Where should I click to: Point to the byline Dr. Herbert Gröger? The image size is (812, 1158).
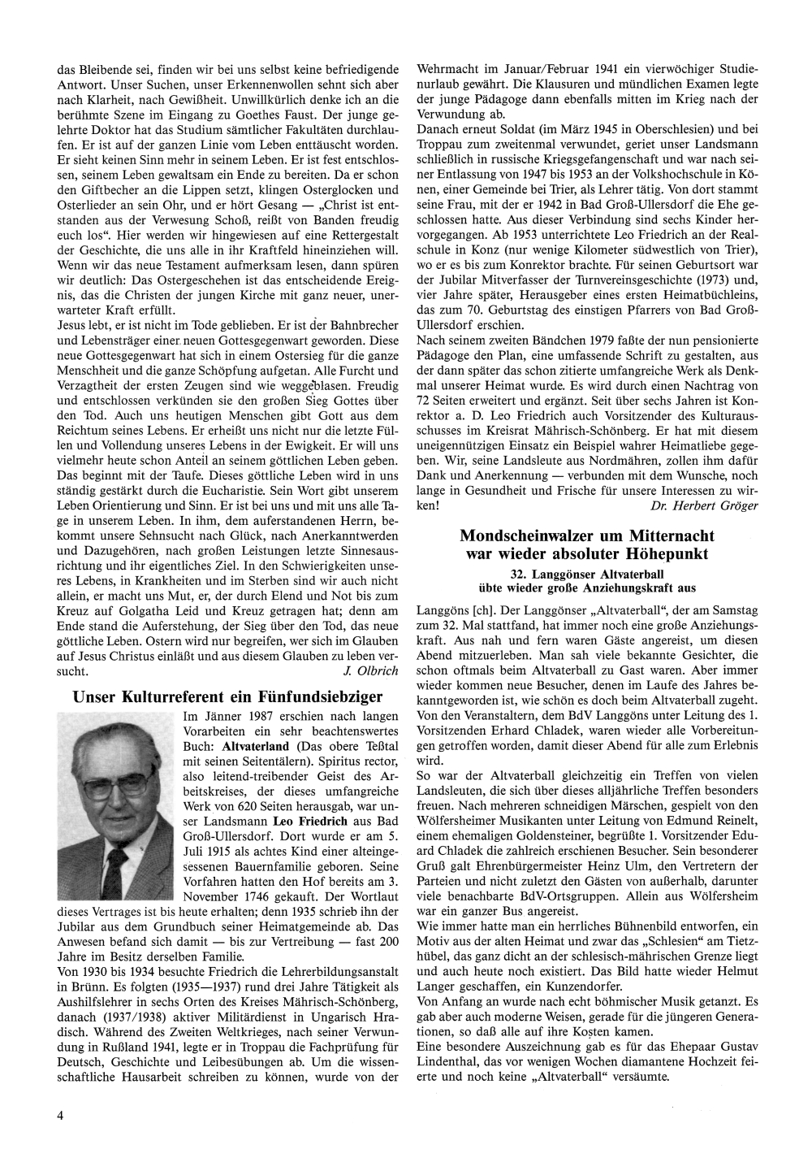pos(705,505)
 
